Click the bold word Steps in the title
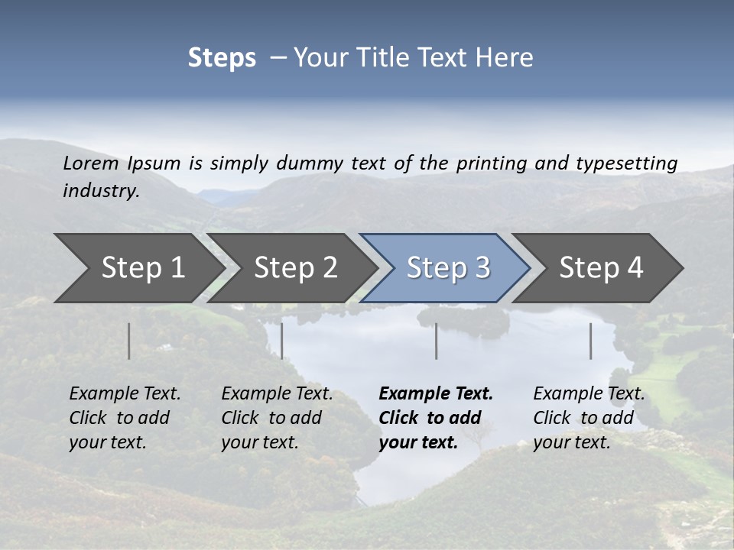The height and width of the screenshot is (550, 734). point(222,58)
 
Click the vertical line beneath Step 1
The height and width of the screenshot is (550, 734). point(129,341)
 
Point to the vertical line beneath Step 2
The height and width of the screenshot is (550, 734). point(282,341)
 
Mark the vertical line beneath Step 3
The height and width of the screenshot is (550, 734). point(437,341)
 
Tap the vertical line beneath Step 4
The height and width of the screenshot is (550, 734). point(591,341)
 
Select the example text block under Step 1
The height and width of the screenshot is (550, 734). point(125,418)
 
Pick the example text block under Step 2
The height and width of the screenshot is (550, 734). point(277,418)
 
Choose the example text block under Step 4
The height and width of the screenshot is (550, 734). point(589,418)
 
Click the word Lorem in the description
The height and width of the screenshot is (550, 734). point(91,163)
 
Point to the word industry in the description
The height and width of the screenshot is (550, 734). point(101,191)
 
